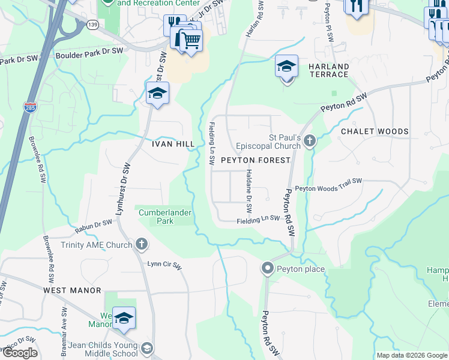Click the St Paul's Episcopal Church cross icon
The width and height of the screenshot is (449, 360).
tap(310, 142)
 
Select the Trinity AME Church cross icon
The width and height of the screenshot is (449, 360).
tap(142, 244)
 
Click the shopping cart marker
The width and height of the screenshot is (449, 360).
tap(191, 40)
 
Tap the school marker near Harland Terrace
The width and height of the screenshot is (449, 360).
tap(287, 66)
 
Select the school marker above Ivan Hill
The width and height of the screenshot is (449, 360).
tap(157, 94)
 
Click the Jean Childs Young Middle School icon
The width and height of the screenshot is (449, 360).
tap(146, 348)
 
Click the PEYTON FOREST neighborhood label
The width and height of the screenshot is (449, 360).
tap(256, 161)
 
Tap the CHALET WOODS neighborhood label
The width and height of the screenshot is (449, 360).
tap(375, 131)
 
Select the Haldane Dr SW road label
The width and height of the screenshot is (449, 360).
tap(249, 191)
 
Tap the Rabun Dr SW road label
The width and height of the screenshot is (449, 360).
tap(94, 226)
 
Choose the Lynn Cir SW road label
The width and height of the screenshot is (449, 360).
tap(164, 264)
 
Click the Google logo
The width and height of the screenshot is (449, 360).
tap(20, 353)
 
